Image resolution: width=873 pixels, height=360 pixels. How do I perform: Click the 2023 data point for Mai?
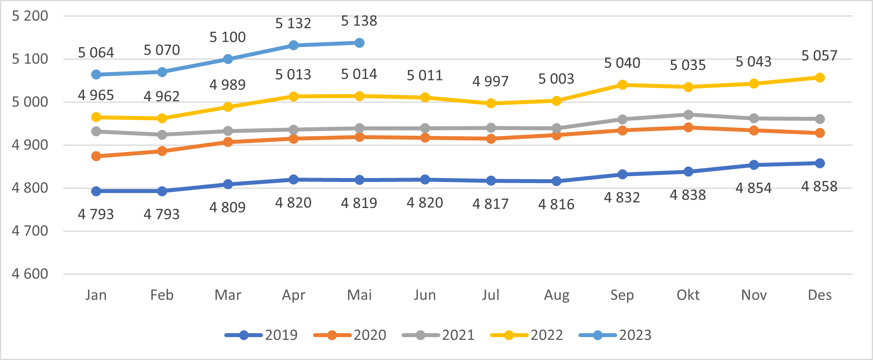pyautogui.click(x=359, y=43)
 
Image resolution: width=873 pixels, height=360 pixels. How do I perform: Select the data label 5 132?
pyautogui.click(x=293, y=24)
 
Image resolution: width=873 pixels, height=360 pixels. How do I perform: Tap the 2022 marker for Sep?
pyautogui.click(x=622, y=85)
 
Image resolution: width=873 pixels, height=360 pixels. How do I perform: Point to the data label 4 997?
pyautogui.click(x=490, y=81)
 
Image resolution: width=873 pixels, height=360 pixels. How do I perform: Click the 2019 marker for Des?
pyautogui.click(x=820, y=163)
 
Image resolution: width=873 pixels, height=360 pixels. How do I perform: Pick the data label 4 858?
pyautogui.click(x=819, y=186)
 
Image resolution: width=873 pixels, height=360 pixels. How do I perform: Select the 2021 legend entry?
pyautogui.click(x=438, y=335)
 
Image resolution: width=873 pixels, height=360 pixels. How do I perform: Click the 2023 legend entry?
pyautogui.click(x=615, y=335)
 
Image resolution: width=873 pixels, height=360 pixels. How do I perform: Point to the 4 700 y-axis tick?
pyautogui.click(x=30, y=231)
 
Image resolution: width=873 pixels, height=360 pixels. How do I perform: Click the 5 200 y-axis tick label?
pyautogui.click(x=30, y=16)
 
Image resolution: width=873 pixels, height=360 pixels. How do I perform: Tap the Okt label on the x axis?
pyautogui.click(x=688, y=295)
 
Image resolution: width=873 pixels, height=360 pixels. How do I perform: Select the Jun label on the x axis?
pyautogui.click(x=425, y=295)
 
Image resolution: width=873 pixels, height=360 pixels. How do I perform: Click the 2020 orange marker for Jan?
pyautogui.click(x=96, y=156)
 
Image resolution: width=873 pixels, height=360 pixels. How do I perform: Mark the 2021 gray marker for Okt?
pyautogui.click(x=688, y=115)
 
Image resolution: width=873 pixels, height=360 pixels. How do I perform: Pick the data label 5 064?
pyautogui.click(x=96, y=53)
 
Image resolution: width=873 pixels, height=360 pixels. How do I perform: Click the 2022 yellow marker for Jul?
pyautogui.click(x=491, y=103)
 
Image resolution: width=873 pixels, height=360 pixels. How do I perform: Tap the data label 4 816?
pyautogui.click(x=556, y=204)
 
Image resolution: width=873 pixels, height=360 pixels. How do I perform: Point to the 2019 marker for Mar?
pyautogui.click(x=228, y=184)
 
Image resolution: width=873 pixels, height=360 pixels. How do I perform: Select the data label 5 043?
pyautogui.click(x=753, y=62)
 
